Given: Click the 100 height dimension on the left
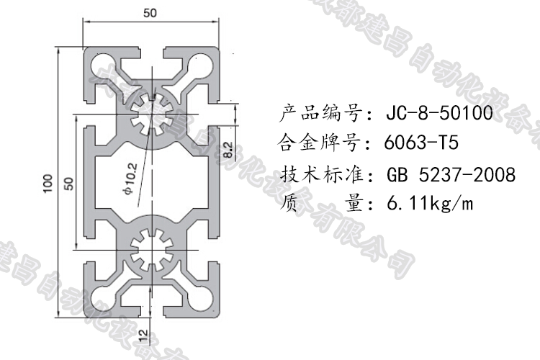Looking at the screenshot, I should (48, 183).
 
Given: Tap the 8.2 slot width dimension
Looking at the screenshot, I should (228, 148).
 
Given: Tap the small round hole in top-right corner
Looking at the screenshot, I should (203, 67).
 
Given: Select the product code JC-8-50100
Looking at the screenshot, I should (438, 114).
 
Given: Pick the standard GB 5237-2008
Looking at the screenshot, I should (451, 175).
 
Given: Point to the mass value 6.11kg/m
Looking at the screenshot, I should (430, 204).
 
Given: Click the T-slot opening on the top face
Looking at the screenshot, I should (151, 54).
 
